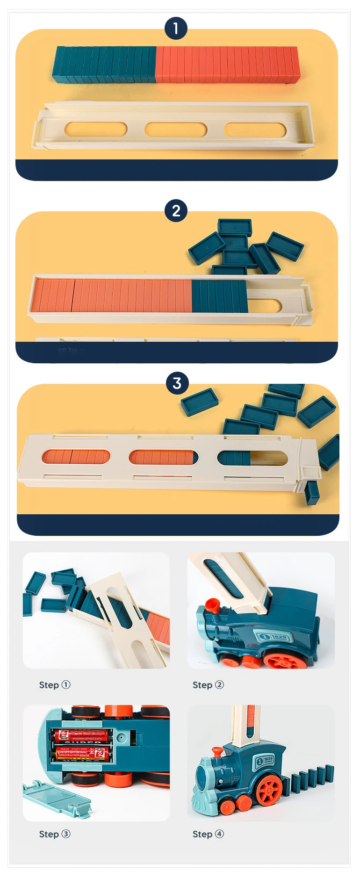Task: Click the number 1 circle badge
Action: (176, 29)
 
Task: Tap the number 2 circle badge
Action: (176, 211)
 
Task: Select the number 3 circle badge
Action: (177, 383)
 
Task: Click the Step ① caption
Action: (55, 685)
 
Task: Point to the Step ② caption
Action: (208, 685)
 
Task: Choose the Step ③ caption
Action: (55, 834)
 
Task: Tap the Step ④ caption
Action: (208, 834)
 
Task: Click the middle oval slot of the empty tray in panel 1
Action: (176, 130)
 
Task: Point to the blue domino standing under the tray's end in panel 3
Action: (312, 493)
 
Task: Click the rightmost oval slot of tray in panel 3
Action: (252, 458)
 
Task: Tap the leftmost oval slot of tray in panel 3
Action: (76, 457)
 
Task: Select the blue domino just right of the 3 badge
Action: (200, 402)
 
